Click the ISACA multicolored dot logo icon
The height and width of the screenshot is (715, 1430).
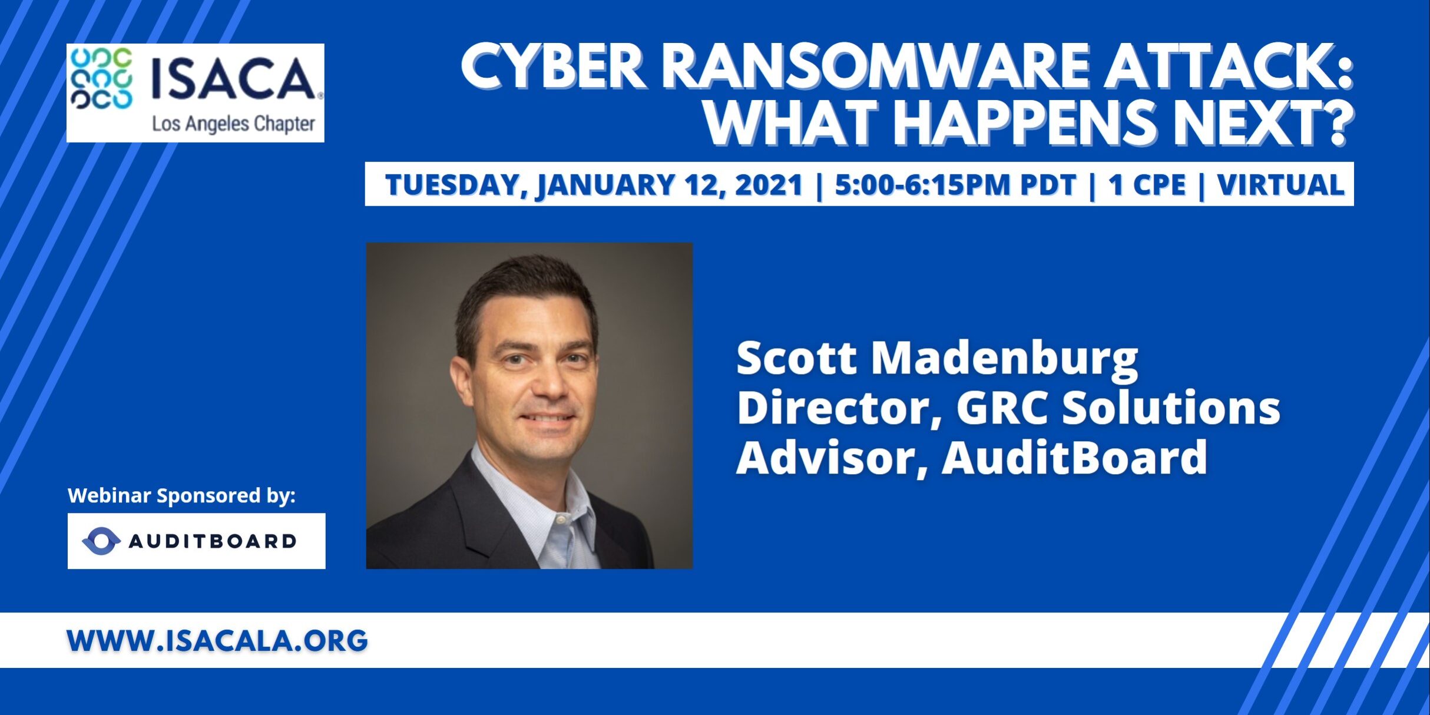tap(101, 79)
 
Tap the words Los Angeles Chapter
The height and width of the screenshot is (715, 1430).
tap(234, 124)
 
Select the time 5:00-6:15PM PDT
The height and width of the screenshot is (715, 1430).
tap(955, 184)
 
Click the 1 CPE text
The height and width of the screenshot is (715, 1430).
tap(1147, 184)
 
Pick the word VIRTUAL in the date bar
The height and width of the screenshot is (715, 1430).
tap(1281, 184)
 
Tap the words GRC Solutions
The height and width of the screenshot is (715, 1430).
tap(1118, 408)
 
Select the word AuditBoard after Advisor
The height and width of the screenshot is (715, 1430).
tap(1075, 458)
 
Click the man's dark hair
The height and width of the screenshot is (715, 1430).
tap(524, 294)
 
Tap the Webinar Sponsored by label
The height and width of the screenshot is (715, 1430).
tap(181, 496)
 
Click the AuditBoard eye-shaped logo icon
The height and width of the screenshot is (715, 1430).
tap(101, 541)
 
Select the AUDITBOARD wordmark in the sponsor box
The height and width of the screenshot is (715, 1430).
tap(213, 541)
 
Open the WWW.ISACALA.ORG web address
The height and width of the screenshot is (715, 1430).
tap(217, 641)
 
